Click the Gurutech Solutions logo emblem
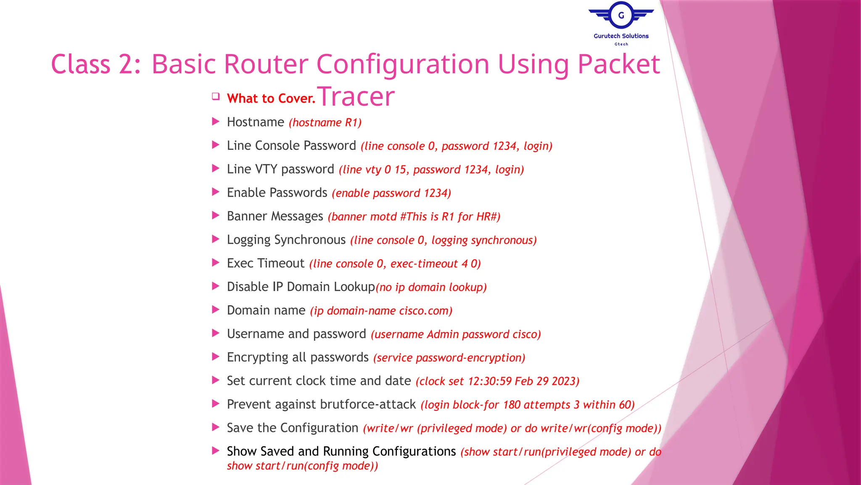(x=621, y=16)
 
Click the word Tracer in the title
(x=356, y=96)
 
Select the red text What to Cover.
(x=271, y=99)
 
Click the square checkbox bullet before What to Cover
(x=216, y=96)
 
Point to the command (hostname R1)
(x=325, y=123)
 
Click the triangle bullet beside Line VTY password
(x=216, y=169)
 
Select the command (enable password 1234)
(x=391, y=193)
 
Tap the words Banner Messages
(x=275, y=216)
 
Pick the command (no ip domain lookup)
(x=431, y=287)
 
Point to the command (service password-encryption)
(x=449, y=358)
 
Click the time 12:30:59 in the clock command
(x=489, y=381)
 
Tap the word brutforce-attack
(x=368, y=405)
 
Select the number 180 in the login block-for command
(x=512, y=405)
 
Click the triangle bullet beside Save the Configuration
(x=216, y=427)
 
